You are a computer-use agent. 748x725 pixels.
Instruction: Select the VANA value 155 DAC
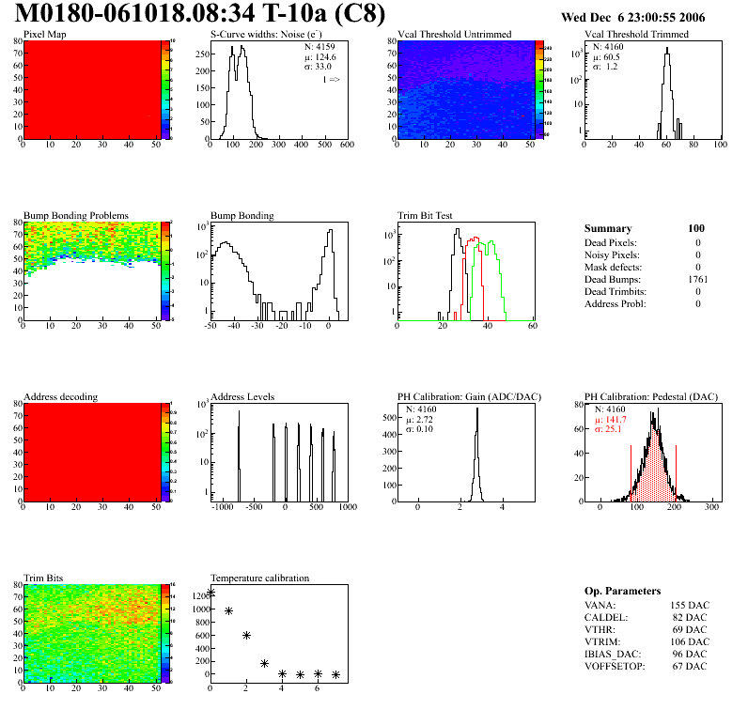click(x=690, y=605)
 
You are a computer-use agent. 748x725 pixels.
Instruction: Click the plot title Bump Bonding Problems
click(x=76, y=215)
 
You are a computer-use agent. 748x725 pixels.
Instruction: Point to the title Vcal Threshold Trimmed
click(x=636, y=35)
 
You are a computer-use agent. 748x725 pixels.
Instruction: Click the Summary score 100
click(x=697, y=228)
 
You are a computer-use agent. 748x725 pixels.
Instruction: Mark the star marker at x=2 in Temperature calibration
click(x=246, y=636)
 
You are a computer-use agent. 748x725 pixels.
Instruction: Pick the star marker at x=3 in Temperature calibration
click(x=264, y=664)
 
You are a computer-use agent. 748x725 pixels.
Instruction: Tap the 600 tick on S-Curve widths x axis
click(x=347, y=145)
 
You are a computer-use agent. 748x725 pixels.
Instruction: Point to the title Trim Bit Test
click(x=426, y=215)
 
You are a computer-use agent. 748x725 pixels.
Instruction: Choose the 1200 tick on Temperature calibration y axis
click(x=199, y=595)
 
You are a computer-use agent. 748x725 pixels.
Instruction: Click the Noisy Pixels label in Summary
click(x=614, y=255)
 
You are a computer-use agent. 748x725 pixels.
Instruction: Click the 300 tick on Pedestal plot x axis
click(x=712, y=507)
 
